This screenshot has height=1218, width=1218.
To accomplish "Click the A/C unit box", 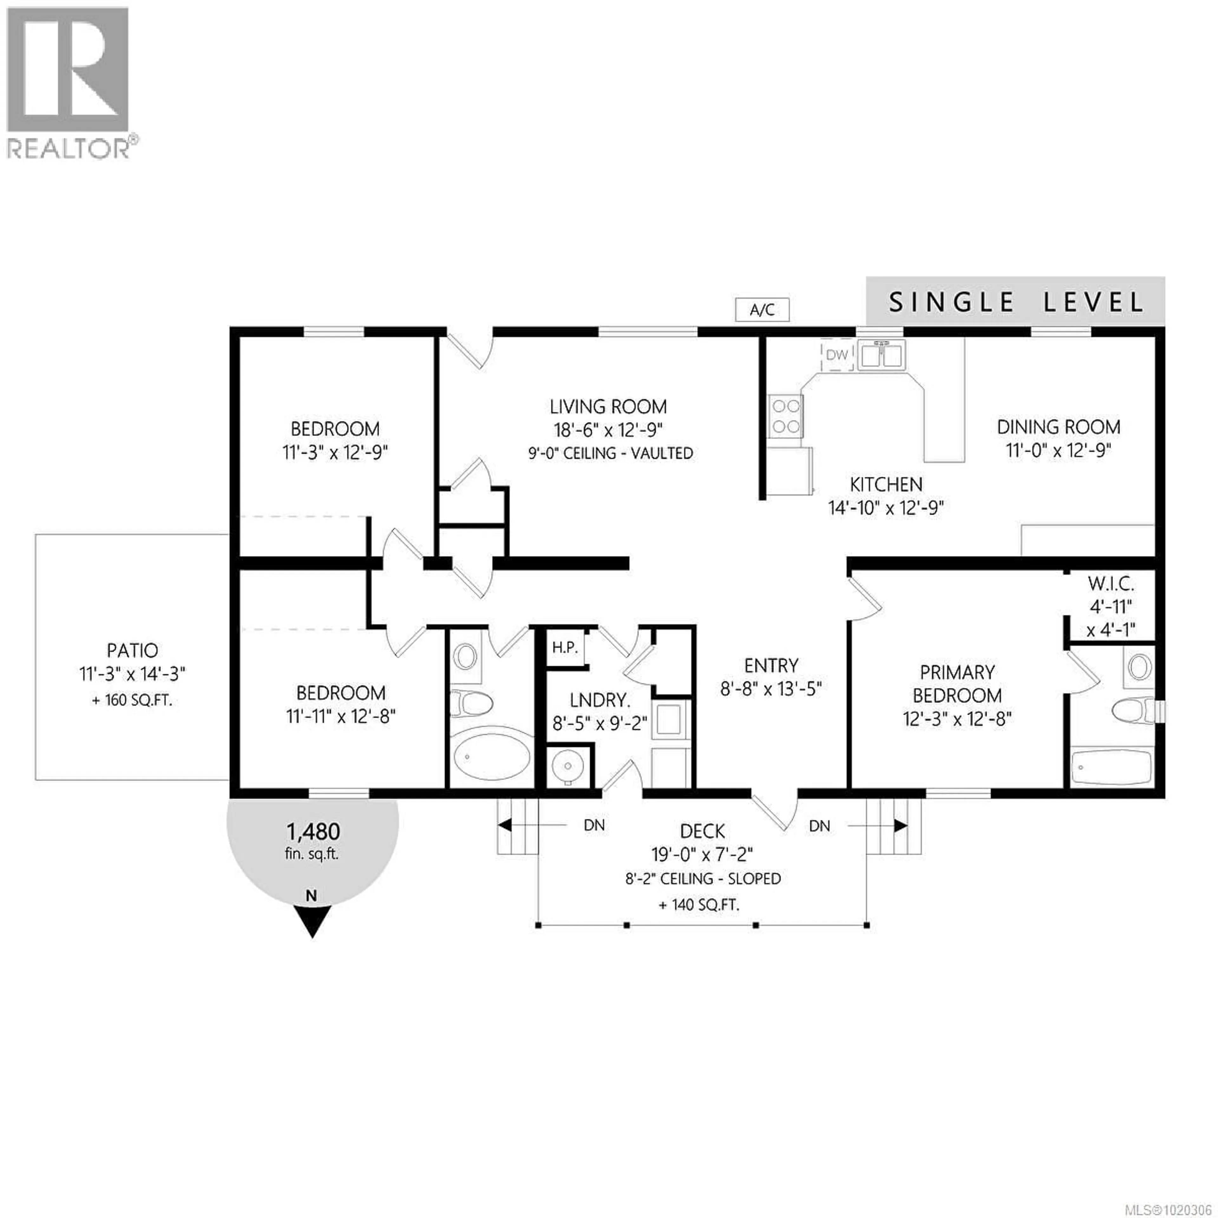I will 762,310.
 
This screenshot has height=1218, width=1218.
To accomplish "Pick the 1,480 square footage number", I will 313,831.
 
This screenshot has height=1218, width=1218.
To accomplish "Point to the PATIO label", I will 132,650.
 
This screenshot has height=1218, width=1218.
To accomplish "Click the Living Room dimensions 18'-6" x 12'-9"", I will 608,430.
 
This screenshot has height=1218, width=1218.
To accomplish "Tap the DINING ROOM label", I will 1058,427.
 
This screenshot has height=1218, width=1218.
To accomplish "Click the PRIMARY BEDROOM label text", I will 957,684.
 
